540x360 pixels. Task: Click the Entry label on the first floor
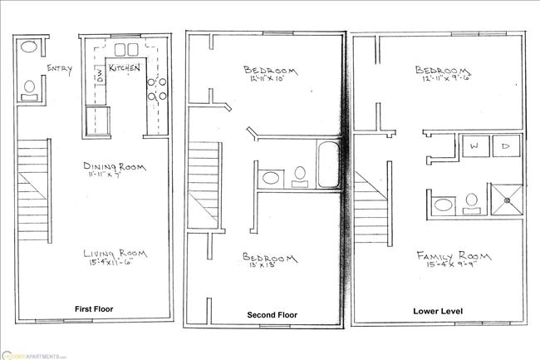(x=59, y=69)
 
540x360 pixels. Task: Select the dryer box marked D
(x=504, y=147)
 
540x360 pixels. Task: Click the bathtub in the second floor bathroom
(x=326, y=155)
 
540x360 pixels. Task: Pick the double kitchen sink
(x=125, y=48)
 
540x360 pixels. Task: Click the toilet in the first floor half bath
(x=29, y=86)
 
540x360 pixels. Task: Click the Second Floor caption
(x=272, y=315)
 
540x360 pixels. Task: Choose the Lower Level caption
(x=437, y=312)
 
